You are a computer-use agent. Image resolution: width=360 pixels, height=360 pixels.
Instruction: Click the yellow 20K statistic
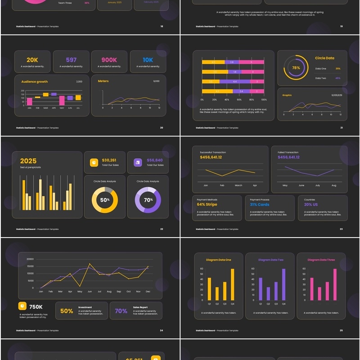(x=32, y=60)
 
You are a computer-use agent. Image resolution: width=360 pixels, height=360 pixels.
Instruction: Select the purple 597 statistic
(x=71, y=60)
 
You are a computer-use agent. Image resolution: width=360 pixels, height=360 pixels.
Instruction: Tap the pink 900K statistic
(x=109, y=60)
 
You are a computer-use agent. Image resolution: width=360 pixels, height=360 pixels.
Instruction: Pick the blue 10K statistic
(x=148, y=60)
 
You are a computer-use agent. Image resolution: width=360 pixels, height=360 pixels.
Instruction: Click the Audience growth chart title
(x=34, y=82)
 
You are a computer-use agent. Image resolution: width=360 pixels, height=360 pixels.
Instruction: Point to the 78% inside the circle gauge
(x=296, y=68)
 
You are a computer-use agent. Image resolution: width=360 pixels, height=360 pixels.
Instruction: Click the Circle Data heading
(x=324, y=58)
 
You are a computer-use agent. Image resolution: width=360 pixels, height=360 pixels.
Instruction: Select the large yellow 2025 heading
(x=28, y=161)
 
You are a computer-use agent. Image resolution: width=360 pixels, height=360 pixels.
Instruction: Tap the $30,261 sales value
(x=109, y=160)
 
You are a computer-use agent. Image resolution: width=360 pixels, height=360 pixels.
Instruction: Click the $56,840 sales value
(x=154, y=160)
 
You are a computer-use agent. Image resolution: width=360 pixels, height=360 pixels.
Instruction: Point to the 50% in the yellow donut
(x=105, y=200)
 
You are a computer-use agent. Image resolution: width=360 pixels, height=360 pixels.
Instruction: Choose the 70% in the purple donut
(x=148, y=200)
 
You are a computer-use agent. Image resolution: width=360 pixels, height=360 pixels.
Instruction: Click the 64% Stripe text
(x=207, y=204)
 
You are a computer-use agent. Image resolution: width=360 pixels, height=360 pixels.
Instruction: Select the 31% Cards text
(x=260, y=204)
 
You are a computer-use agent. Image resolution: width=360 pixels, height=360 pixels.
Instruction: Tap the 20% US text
(x=311, y=204)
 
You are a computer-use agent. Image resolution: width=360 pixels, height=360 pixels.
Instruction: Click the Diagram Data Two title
(x=271, y=260)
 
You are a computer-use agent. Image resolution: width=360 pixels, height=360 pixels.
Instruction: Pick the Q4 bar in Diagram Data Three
(x=335, y=284)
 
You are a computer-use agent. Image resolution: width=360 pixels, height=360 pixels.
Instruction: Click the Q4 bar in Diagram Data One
(x=233, y=284)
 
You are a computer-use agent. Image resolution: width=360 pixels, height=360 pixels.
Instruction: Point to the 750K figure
(x=36, y=307)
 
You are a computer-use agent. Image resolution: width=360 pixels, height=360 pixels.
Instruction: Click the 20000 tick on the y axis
(x=30, y=259)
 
